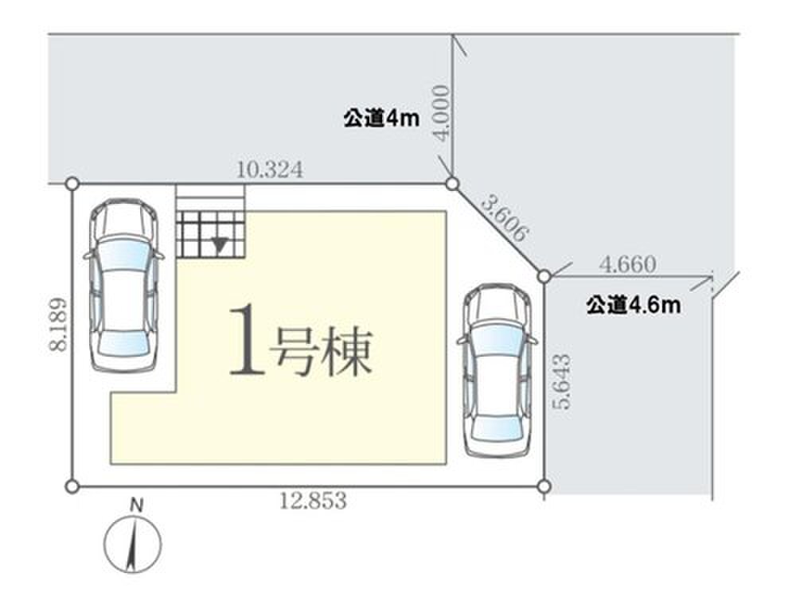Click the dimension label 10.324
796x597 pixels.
point(270,170)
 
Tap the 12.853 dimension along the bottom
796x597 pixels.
point(313,501)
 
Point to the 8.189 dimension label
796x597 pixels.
point(58,325)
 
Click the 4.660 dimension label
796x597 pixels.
point(627,264)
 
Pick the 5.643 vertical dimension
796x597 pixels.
point(563,381)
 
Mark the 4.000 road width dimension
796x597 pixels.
point(441,113)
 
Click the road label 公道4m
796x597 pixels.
point(381,119)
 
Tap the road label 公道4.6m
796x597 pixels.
point(634,306)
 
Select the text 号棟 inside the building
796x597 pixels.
point(321,350)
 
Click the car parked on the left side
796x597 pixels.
point(124,284)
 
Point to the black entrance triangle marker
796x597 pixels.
point(220,246)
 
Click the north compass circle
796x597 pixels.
point(132,544)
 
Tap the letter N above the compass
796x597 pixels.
point(137,505)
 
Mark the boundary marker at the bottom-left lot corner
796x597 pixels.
point(72,487)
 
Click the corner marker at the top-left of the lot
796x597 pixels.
point(72,183)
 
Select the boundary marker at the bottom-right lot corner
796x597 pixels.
point(544,487)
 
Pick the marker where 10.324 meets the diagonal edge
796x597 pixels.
point(452,184)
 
